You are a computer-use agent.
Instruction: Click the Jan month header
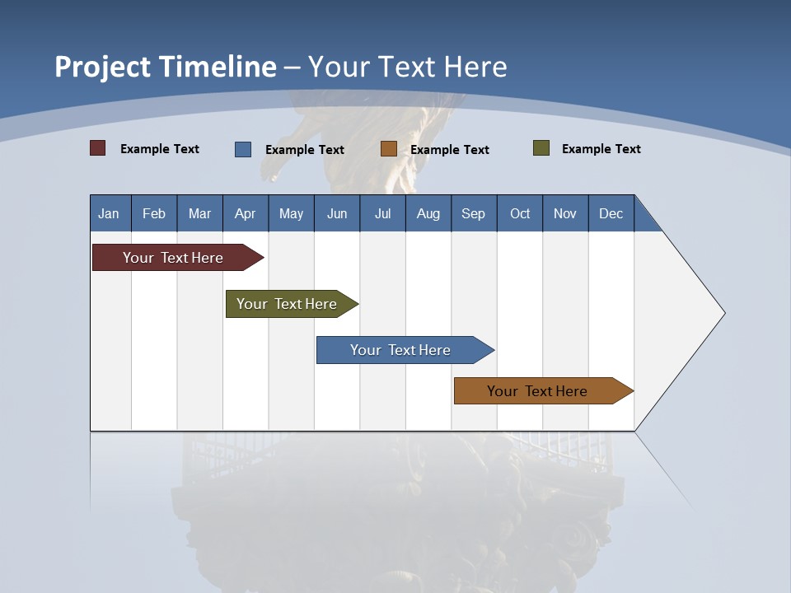pos(110,213)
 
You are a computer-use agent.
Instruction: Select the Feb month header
pos(154,213)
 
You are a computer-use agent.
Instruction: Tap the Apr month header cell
pos(246,213)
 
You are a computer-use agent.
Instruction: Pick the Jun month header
pos(337,213)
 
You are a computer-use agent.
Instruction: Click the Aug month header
pos(428,213)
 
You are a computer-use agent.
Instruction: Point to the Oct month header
pos(520,213)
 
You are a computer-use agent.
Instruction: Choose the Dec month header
pos(611,213)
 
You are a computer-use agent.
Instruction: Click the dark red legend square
pos(98,148)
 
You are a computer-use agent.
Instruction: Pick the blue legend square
pos(243,149)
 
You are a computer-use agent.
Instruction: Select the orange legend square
pos(389,149)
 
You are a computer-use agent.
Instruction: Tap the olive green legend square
pos(541,148)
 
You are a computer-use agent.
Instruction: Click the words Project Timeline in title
pos(166,67)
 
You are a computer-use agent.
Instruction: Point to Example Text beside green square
pos(601,149)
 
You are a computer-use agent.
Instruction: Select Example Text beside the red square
pos(160,149)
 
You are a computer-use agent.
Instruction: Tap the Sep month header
pos(474,213)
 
